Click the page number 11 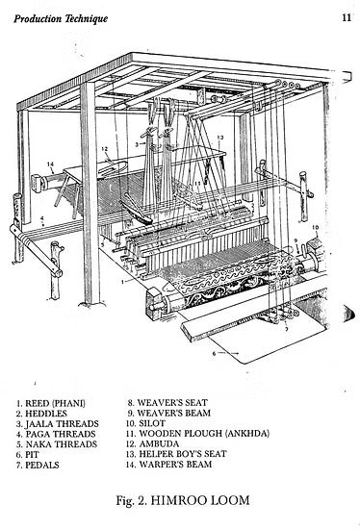pyautogui.click(x=347, y=17)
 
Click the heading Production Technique pyautogui.click(x=61, y=18)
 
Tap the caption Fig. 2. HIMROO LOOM pyautogui.click(x=183, y=500)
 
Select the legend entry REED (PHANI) pyautogui.click(x=51, y=403)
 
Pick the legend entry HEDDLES pyautogui.click(x=41, y=414)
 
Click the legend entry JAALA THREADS pyautogui.click(x=58, y=424)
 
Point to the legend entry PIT pyautogui.click(x=28, y=455)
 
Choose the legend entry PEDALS pyautogui.click(x=38, y=466)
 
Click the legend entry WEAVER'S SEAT pyautogui.click(x=167, y=403)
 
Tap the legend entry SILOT pyautogui.click(x=145, y=423)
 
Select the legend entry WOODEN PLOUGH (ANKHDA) pyautogui.click(x=197, y=433)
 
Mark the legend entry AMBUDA pyautogui.click(x=152, y=443)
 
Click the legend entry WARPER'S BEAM pyautogui.click(x=168, y=464)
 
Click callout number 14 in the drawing pyautogui.click(x=50, y=164)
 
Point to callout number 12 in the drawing pyautogui.click(x=104, y=148)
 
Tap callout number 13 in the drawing pyautogui.click(x=220, y=138)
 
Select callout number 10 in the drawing pyautogui.click(x=315, y=227)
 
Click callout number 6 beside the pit pyautogui.click(x=214, y=354)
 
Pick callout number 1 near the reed pyautogui.click(x=123, y=281)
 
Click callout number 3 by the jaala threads pyautogui.click(x=137, y=144)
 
